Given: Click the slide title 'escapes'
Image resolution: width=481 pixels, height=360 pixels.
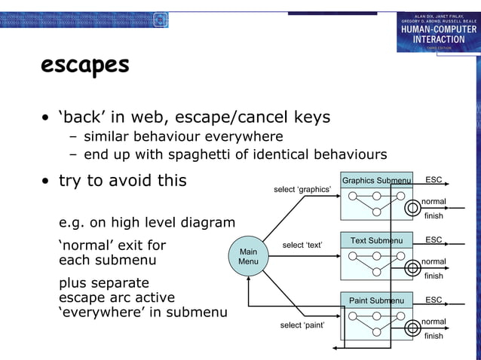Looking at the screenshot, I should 85,66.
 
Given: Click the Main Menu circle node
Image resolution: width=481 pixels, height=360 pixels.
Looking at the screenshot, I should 248,256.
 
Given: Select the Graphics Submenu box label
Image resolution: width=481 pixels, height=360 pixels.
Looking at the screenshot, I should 376,181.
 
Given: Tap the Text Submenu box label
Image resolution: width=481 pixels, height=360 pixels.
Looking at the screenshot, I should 376,241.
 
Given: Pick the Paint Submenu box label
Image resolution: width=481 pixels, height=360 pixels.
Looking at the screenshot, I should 376,301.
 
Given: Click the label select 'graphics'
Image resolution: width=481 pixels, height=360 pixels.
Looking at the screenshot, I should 302,189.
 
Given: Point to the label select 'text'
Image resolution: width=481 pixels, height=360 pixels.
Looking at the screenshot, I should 302,246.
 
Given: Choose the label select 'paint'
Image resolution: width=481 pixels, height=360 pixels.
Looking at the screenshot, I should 302,325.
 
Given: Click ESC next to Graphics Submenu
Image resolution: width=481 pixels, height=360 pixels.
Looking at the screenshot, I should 434,180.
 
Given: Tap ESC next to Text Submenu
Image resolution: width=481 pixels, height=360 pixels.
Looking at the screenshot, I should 434,240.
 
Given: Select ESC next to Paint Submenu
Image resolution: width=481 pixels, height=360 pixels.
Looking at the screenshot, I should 434,301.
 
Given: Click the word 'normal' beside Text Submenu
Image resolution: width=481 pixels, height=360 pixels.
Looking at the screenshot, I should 434,261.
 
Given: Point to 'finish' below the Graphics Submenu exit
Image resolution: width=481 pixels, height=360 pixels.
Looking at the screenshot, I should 434,216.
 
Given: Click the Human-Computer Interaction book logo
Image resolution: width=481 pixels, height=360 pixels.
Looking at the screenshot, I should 438,32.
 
